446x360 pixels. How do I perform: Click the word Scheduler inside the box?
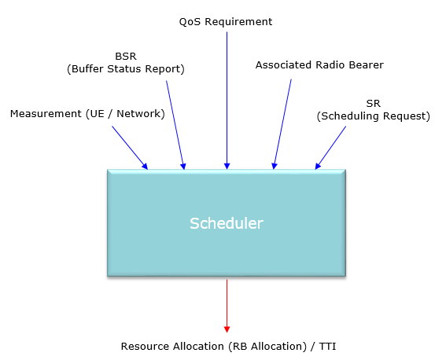point(227,223)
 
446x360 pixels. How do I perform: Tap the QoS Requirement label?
point(226,22)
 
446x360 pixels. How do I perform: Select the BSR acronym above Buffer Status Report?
point(126,57)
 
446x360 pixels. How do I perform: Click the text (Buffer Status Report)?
point(126,69)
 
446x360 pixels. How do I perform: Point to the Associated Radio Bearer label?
point(319,65)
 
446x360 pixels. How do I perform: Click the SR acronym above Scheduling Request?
point(373,104)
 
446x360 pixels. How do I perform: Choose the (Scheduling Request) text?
point(373,116)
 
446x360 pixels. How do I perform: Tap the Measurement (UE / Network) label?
point(87,114)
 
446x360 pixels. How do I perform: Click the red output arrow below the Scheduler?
point(227,306)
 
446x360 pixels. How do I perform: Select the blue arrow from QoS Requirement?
point(227,101)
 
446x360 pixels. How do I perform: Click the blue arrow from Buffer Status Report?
point(175,125)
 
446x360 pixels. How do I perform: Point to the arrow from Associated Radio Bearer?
point(282,124)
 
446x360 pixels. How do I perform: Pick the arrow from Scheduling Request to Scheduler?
point(330,148)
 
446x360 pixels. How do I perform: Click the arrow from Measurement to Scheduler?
point(130,148)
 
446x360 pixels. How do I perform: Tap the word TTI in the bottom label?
point(327,347)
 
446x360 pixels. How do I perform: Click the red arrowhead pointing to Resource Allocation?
point(227,329)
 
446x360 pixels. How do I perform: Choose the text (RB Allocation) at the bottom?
point(267,347)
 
